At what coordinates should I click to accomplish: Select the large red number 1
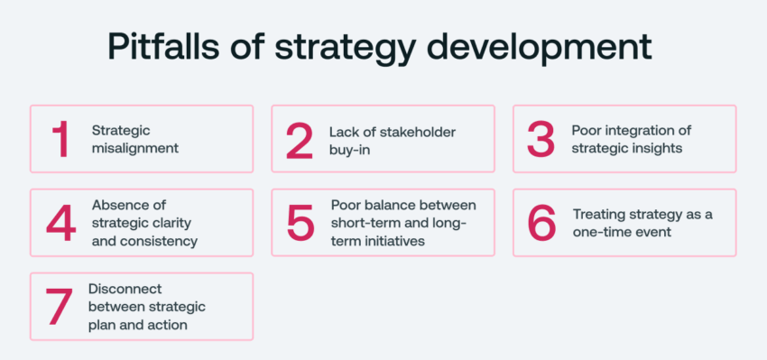(60, 140)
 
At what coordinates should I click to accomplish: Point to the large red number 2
(300, 141)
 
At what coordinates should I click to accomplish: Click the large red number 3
(541, 140)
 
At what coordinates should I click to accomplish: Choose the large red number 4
(61, 223)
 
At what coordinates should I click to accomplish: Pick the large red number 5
(300, 223)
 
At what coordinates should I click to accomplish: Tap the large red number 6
(541, 223)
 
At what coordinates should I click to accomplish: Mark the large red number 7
(60, 307)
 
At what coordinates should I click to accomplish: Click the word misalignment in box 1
(135, 148)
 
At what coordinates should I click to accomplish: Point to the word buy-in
(349, 150)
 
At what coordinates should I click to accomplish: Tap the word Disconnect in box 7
(125, 289)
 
